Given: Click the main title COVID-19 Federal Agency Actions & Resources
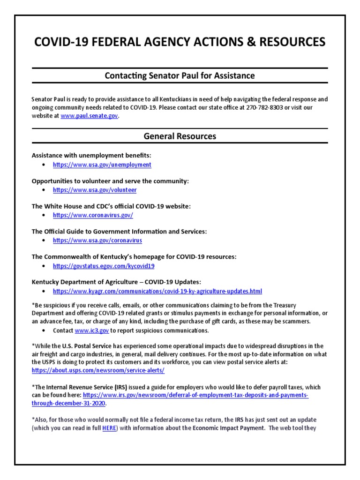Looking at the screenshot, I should (180, 42).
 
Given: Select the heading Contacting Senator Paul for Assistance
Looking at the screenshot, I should (180, 75).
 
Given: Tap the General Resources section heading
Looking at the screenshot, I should (180, 136).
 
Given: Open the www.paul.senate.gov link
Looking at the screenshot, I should (90, 116).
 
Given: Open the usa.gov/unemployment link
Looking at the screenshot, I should (102, 165).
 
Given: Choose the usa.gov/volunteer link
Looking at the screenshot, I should (95, 190).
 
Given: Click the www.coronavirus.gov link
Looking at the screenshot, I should (93, 215).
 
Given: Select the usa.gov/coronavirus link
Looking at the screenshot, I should (97, 240).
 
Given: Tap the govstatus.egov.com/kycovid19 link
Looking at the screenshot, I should (104, 266).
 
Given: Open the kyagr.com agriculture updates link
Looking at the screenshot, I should (157, 291).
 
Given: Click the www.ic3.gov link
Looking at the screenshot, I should (92, 330).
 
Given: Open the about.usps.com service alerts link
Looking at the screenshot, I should (98, 370).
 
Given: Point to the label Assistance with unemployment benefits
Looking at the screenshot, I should (91, 155).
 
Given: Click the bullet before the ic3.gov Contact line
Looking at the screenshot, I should (44, 330).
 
